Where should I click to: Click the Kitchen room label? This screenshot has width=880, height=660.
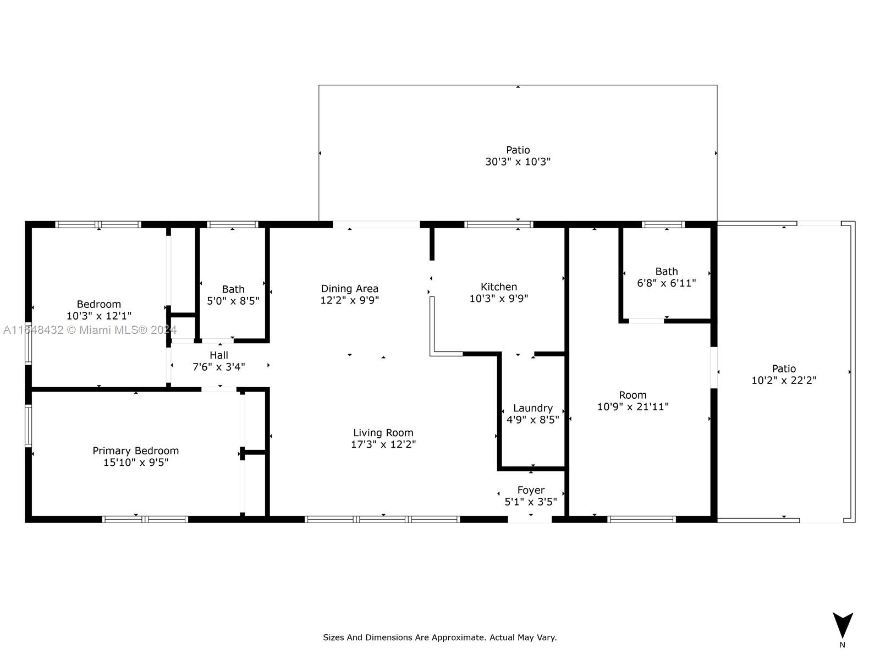(x=499, y=287)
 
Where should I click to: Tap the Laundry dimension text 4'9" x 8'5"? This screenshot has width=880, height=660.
(x=533, y=420)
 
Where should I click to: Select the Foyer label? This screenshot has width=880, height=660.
(x=531, y=490)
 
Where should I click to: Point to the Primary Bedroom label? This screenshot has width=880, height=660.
(x=135, y=451)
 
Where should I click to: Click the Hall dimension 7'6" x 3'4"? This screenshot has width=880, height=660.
(x=219, y=367)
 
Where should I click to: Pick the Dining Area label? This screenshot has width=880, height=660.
(x=350, y=289)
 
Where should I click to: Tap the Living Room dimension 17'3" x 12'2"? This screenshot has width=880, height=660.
(x=383, y=444)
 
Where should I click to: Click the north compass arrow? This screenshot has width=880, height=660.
(x=843, y=625)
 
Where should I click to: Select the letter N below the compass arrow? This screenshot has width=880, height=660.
(x=842, y=645)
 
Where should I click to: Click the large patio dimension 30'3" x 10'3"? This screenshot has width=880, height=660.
(x=518, y=162)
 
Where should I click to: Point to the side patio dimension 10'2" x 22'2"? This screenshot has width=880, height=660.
(x=784, y=380)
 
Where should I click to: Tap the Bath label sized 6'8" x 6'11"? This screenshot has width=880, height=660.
(x=667, y=272)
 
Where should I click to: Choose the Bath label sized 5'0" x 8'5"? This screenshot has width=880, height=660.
(x=233, y=289)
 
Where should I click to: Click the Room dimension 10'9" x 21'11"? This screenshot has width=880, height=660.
(x=633, y=406)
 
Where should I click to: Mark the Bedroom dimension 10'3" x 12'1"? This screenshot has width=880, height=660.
(x=99, y=316)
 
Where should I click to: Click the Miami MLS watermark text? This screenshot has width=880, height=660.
(x=90, y=330)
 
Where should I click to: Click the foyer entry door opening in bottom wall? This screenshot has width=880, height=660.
(x=530, y=519)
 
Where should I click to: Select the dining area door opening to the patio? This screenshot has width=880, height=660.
(x=376, y=224)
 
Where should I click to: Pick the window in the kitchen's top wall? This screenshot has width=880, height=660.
(x=499, y=224)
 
